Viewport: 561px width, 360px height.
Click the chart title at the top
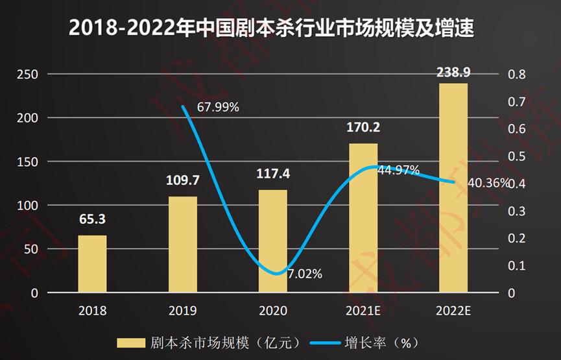[x=280, y=28]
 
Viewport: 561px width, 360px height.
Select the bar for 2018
[x=92, y=264]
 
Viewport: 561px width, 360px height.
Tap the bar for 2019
[x=182, y=245]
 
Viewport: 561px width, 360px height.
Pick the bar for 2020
[x=272, y=241]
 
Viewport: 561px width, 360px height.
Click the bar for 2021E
[x=363, y=218]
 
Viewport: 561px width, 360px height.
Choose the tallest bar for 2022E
[x=453, y=188]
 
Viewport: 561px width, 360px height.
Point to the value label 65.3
[x=92, y=219]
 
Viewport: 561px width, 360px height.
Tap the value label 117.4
[x=272, y=174]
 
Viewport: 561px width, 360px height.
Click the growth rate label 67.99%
[x=218, y=107]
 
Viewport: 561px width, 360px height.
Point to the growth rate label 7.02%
[x=305, y=274]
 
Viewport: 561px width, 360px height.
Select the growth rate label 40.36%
[x=488, y=183]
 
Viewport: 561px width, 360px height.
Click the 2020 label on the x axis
[x=272, y=310]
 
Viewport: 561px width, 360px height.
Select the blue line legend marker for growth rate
[x=322, y=342]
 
